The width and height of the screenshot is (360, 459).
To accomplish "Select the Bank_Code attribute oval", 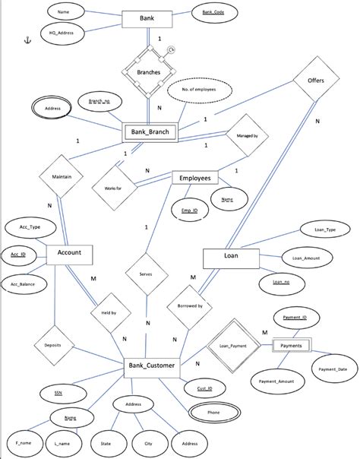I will tap(213, 12).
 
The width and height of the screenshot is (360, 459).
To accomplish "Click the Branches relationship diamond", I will tap(148, 73).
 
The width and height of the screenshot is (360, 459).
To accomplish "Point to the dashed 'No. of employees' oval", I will tap(199, 90).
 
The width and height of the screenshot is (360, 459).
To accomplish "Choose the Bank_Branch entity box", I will tap(150, 132).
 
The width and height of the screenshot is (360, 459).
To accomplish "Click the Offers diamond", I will tap(317, 80).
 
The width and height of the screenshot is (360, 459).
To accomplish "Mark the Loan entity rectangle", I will tap(232, 257).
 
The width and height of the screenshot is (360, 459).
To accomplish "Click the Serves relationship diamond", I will tap(147, 277).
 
